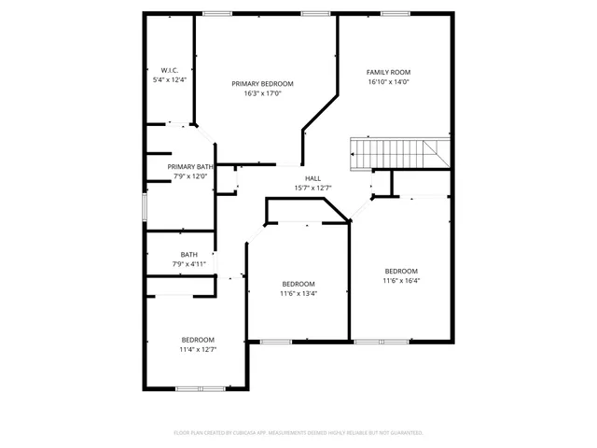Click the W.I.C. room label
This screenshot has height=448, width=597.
pyautogui.click(x=169, y=70)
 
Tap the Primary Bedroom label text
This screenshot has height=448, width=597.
pyautogui.click(x=262, y=83)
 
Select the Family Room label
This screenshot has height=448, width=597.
pyautogui.click(x=388, y=72)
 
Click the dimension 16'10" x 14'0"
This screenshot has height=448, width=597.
pyautogui.click(x=388, y=82)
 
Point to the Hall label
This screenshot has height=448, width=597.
pyautogui.click(x=312, y=178)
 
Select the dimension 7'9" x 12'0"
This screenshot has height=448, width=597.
pyautogui.click(x=189, y=175)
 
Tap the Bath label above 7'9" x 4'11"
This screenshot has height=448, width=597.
pyautogui.click(x=188, y=254)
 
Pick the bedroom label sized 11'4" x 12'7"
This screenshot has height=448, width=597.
pyautogui.click(x=198, y=339)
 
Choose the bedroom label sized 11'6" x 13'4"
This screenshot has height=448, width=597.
pyautogui.click(x=298, y=284)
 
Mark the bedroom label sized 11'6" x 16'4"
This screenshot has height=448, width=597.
pyautogui.click(x=401, y=271)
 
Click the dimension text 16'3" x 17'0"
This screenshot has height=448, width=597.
pyautogui.click(x=262, y=93)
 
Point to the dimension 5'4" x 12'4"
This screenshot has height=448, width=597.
pyautogui.click(x=169, y=80)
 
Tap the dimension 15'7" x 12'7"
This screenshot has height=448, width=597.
pyautogui.click(x=312, y=188)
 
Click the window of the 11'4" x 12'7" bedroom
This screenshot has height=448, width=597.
pyautogui.click(x=200, y=387)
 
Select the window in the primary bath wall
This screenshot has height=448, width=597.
pyautogui.click(x=144, y=207)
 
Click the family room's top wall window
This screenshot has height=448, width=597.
pyautogui.click(x=394, y=13)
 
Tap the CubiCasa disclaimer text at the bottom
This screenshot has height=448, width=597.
pyautogui.click(x=298, y=433)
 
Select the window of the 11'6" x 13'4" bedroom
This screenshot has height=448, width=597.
pyautogui.click(x=277, y=342)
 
